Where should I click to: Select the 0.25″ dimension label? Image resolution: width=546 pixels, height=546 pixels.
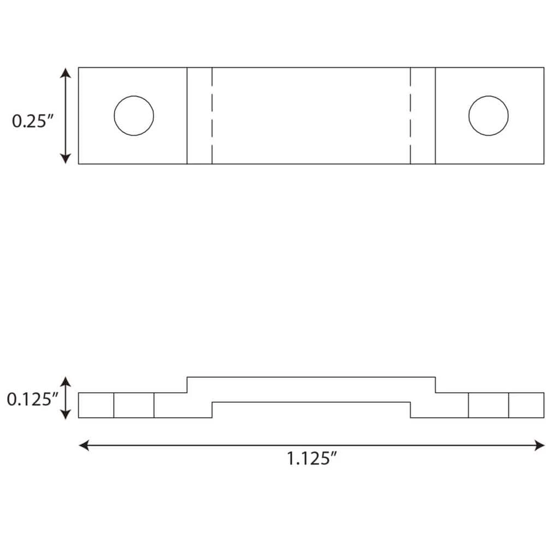[33, 121]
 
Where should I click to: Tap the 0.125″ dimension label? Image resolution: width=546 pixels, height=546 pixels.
[33, 400]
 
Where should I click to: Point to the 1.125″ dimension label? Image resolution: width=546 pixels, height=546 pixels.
[312, 458]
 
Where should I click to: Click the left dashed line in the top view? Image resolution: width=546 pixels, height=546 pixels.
[212, 116]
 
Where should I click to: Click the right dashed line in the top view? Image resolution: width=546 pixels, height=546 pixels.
[411, 116]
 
